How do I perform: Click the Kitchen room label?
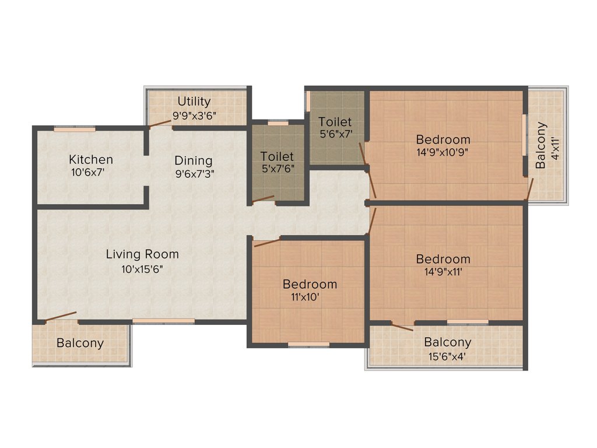pyautogui.click(x=90, y=159)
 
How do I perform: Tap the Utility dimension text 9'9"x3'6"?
pyautogui.click(x=194, y=116)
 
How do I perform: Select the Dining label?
pyautogui.click(x=194, y=160)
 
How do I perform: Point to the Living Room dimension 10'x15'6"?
pyautogui.click(x=142, y=269)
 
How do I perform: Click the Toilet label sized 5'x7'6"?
pyautogui.click(x=277, y=156)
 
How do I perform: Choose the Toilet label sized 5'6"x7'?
pyautogui.click(x=335, y=122)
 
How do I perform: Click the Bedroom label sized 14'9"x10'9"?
pyautogui.click(x=443, y=139)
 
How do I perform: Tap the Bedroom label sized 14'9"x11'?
pyautogui.click(x=443, y=259)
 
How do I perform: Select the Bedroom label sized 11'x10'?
pyautogui.click(x=310, y=284)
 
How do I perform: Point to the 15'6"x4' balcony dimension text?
pyautogui.click(x=447, y=356)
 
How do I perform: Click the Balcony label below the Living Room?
pyautogui.click(x=80, y=343)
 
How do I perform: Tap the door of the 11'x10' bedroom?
pyautogui.click(x=266, y=242)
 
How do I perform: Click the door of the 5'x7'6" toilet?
pyautogui.click(x=263, y=199)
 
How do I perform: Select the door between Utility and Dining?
pyautogui.click(x=160, y=123)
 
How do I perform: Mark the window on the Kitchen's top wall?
pyautogui.click(x=75, y=129)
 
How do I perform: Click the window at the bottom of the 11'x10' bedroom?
pyautogui.click(x=308, y=344)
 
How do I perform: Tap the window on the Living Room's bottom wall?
pyautogui.click(x=163, y=321)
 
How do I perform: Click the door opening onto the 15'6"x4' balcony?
pyautogui.click(x=402, y=327)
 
